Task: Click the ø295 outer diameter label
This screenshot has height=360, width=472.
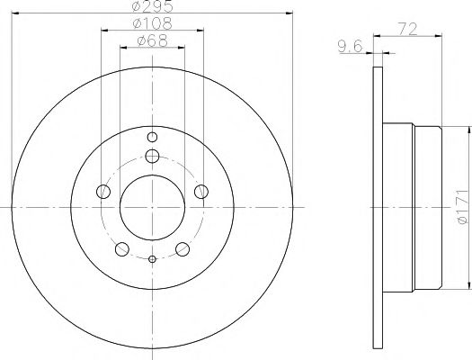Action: point(151,6)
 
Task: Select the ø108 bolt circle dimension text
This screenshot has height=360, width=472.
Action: point(151,22)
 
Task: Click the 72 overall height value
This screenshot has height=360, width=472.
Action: point(410,29)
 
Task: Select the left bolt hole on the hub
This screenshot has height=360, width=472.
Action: point(103,192)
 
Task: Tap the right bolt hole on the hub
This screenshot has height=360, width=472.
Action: point(200,191)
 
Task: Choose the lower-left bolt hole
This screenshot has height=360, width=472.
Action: point(121,247)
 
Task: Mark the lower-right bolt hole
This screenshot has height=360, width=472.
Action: point(182,247)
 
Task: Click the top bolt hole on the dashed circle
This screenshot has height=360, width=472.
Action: point(151,157)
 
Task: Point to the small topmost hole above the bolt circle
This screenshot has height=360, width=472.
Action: point(151,137)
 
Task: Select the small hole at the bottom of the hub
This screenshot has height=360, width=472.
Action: point(151,260)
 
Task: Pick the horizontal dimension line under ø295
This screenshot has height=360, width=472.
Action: point(151,13)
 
